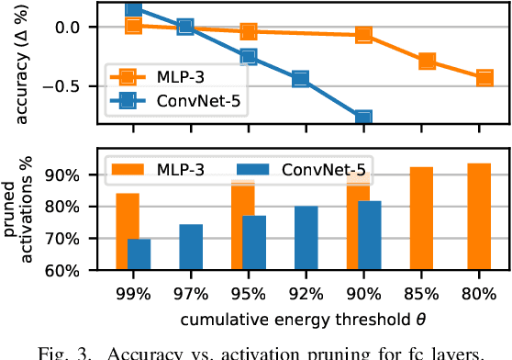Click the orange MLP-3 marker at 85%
[428, 62]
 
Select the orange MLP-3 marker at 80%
[485, 78]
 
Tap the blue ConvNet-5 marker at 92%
[300, 79]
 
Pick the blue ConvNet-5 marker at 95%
[249, 57]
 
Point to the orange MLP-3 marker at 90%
[363, 35]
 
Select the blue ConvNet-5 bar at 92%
[306, 238]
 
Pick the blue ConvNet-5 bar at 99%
[139, 254]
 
